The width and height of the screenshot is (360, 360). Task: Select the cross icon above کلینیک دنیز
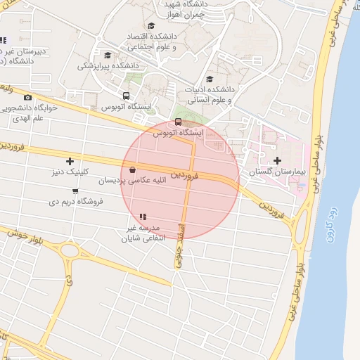(x=70, y=161)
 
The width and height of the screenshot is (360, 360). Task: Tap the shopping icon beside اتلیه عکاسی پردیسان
(x=132, y=169)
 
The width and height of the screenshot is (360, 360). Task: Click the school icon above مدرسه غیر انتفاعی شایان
(x=143, y=217)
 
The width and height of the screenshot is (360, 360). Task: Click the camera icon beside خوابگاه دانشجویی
(x=27, y=98)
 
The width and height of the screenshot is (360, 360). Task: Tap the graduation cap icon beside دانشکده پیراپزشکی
(x=108, y=55)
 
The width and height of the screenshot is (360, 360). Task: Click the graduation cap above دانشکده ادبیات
(x=210, y=79)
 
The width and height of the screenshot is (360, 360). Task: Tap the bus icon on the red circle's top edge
(x=177, y=122)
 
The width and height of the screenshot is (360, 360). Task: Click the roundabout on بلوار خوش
(x=68, y=250)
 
